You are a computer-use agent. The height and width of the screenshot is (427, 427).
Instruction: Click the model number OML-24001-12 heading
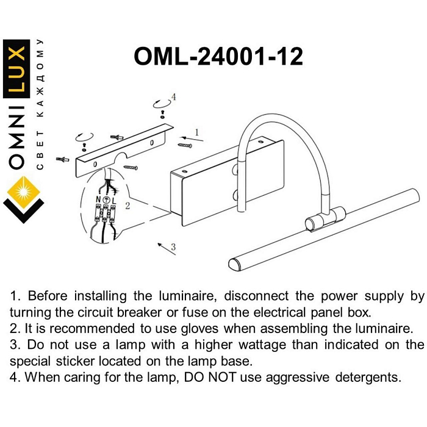point(218,57)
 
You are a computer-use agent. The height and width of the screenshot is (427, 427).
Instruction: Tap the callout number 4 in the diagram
point(174,97)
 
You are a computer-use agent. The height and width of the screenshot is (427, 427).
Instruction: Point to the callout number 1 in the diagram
point(197,132)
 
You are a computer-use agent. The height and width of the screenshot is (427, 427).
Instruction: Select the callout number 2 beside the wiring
point(127,206)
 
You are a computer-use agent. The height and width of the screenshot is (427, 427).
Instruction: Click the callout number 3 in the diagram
point(174,247)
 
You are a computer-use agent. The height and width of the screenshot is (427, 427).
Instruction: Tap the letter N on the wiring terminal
point(98,199)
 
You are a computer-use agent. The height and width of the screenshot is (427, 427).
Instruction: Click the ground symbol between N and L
point(106,199)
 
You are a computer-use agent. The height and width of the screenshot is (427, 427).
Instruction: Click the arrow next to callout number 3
point(162,245)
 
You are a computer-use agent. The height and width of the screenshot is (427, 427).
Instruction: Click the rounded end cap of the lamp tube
point(233,264)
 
